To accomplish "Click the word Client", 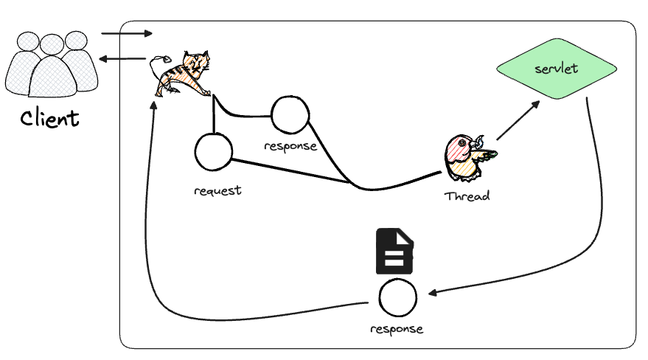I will pos(49,117).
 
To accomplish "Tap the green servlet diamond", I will pos(557,70).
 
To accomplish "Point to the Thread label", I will pos(467,197).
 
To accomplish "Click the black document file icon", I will pos(396,252).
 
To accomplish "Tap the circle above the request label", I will pos(214,151).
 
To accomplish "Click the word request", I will pos(217,190).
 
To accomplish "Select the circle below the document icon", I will pos(397,299).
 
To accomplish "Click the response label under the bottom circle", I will pos(397,328).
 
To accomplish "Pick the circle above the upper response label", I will pos(289,115).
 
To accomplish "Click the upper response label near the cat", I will pos(290,145).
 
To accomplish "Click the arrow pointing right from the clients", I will pos(127,33).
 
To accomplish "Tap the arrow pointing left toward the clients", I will pos(124,58).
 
